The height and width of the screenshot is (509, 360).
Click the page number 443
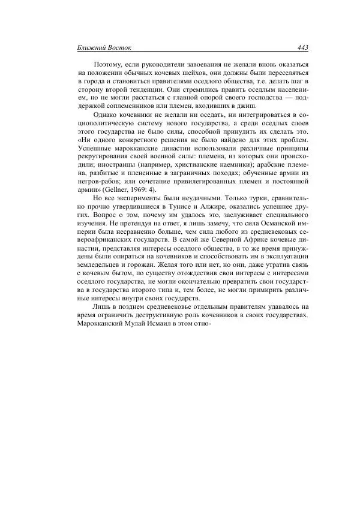click(302, 47)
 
